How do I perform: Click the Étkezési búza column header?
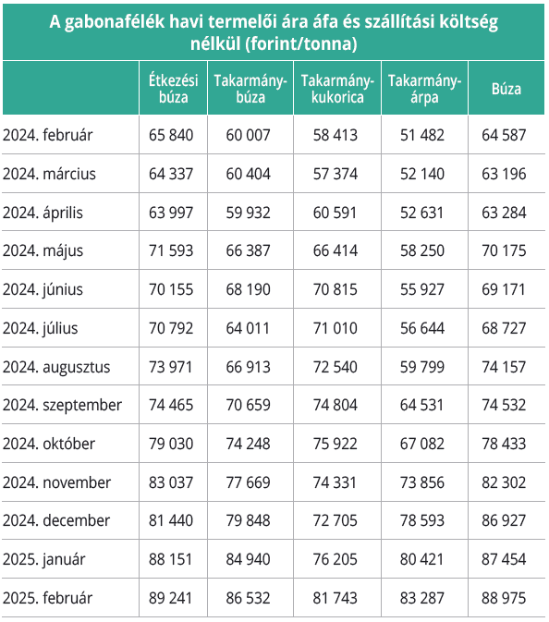point(174,89)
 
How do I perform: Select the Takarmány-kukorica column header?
point(337,89)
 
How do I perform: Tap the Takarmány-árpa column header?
point(424,89)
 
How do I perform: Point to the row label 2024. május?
point(43,251)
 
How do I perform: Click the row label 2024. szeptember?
point(62,406)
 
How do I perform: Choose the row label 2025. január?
point(44,560)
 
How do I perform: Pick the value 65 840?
point(171,135)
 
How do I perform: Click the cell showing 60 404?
point(249,174)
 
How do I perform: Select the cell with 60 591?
point(335,213)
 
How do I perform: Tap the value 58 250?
point(422,250)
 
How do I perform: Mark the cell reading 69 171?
point(504,289)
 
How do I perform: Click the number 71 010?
point(335,328)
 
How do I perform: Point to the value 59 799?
point(422,367)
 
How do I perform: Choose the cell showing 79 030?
point(171,444)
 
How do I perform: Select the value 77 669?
point(249,482)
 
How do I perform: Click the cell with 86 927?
point(504,520)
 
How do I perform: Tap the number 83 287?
point(422,598)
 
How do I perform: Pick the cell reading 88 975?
point(504,598)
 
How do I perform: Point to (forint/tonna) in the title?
point(301,43)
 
